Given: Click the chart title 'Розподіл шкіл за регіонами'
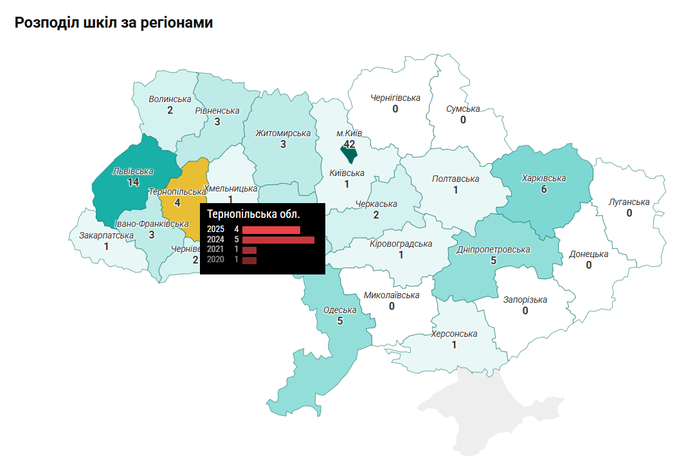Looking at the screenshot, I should (x=114, y=22).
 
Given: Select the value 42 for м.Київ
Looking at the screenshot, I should (x=349, y=144).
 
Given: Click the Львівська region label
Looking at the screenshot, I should (x=132, y=172).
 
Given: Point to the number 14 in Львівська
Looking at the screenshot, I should (x=133, y=183).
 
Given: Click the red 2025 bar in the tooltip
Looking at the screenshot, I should (x=271, y=229).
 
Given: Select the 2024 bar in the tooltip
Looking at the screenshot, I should (x=278, y=240).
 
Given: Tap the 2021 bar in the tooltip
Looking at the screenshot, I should (x=249, y=250).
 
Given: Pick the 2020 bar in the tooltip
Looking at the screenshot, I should (x=249, y=260).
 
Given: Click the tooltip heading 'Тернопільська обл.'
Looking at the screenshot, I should (x=253, y=213).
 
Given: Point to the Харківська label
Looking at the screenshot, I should (x=543, y=178).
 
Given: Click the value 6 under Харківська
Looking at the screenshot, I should (x=544, y=190).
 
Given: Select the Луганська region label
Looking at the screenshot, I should (x=629, y=202).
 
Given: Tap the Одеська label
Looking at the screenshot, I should (x=339, y=310).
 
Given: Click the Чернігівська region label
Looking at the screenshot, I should (x=395, y=98).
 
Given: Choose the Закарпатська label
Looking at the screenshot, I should (x=106, y=235).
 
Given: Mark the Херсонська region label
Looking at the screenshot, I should (x=454, y=334).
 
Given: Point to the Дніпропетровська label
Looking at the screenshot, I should (x=493, y=249).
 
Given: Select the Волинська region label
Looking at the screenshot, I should (x=170, y=99).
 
